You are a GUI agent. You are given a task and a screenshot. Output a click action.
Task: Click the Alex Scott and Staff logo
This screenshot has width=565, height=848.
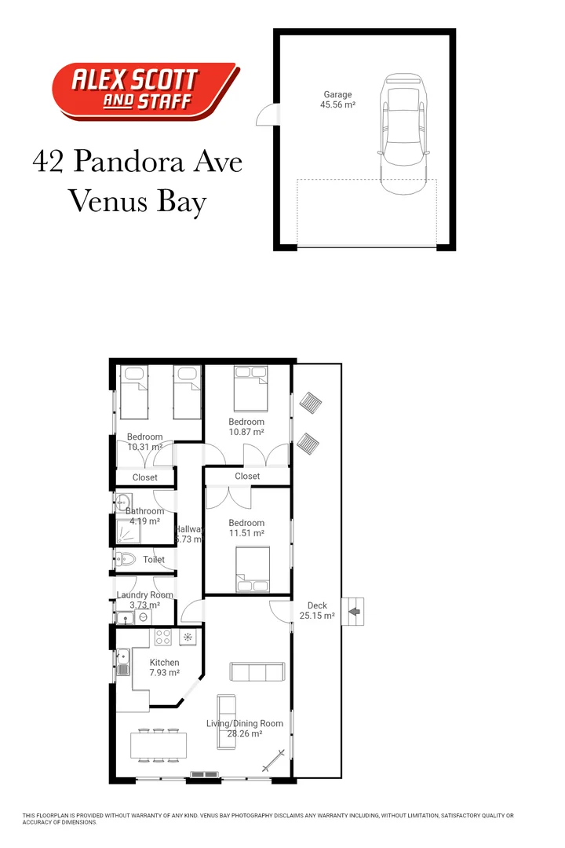[x=144, y=91]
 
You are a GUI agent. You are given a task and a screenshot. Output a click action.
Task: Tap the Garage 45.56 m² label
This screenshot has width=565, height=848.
[x=337, y=100]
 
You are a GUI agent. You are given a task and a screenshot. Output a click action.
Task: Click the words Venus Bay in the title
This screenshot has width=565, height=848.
[x=137, y=202]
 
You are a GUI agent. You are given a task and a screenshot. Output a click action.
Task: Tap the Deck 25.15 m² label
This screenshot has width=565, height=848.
[x=317, y=611]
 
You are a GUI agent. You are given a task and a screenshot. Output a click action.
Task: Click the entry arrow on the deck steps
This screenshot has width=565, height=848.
[x=355, y=607]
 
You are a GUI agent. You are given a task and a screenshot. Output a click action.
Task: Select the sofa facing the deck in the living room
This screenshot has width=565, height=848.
[x=256, y=672]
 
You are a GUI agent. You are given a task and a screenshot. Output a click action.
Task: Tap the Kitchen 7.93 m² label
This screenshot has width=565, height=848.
[x=165, y=667]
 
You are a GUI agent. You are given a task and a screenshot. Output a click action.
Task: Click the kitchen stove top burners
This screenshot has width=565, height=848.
[x=164, y=637]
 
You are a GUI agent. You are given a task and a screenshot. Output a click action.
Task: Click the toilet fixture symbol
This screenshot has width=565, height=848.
[x=127, y=560]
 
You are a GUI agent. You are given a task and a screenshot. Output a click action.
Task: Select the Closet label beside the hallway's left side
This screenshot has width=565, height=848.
[x=145, y=477]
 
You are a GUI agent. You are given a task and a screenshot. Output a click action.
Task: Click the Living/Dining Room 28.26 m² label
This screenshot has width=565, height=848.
[x=244, y=729]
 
